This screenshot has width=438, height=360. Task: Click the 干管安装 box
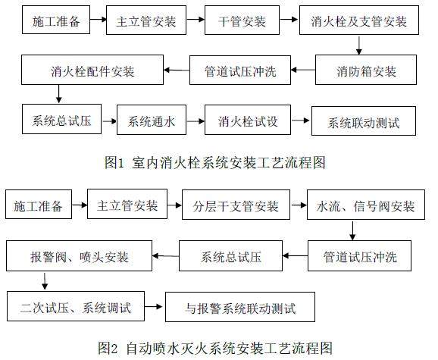pyautogui.click(x=242, y=20)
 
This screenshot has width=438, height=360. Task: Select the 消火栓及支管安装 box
pyautogui.click(x=359, y=20)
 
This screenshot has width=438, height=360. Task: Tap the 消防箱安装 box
pyautogui.click(x=366, y=70)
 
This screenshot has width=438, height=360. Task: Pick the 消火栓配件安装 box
pyautogui.click(x=92, y=70)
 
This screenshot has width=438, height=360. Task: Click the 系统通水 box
pyautogui.click(x=152, y=120)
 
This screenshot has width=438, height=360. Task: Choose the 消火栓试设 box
pyautogui.click(x=248, y=120)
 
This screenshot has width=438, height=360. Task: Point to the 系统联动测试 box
pyautogui.click(x=364, y=121)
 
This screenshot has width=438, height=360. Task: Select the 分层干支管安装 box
pyautogui.click(x=236, y=205)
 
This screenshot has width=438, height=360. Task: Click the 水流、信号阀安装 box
pyautogui.click(x=366, y=205)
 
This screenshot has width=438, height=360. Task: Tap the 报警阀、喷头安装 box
pyautogui.click(x=80, y=256)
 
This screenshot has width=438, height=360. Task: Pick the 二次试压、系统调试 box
pyautogui.click(x=76, y=306)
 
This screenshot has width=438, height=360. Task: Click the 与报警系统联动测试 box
pyautogui.click(x=240, y=307)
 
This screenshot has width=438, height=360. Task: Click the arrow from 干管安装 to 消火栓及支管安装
pyautogui.click(x=289, y=19)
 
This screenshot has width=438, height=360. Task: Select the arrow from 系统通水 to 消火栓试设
pyautogui.click(x=196, y=121)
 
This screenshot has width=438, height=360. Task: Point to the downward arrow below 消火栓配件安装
pyautogui.click(x=58, y=94)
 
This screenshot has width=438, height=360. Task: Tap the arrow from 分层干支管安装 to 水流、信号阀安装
pyautogui.click(x=299, y=205)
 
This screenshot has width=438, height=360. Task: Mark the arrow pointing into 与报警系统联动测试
pyautogui.click(x=153, y=306)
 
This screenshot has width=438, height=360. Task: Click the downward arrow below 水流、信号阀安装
pyautogui.click(x=352, y=230)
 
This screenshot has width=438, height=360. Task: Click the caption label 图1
pyautogui.click(x=114, y=162)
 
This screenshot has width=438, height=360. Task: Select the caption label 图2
pyautogui.click(x=108, y=348)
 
